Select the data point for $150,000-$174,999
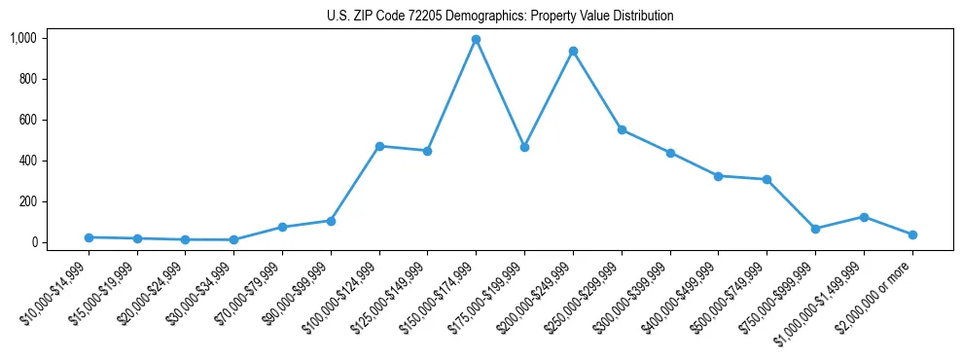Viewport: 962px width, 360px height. coord(476,40)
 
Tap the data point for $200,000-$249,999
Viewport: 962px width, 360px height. coord(573,51)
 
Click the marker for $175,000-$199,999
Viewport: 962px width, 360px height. coord(524,147)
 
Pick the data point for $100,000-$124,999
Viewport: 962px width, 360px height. coord(379,146)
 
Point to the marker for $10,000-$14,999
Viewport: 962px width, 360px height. coord(89,237)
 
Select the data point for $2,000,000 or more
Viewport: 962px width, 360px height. coord(912,234)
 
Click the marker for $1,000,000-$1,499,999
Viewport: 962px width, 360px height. coord(864,217)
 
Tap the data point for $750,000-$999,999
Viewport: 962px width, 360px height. coord(815,229)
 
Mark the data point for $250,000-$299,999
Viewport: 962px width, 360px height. coord(622,130)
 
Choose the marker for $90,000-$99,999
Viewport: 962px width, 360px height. coord(331,221)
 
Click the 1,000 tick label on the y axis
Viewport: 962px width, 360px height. coord(23,38)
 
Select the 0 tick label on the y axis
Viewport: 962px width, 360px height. coord(33,242)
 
